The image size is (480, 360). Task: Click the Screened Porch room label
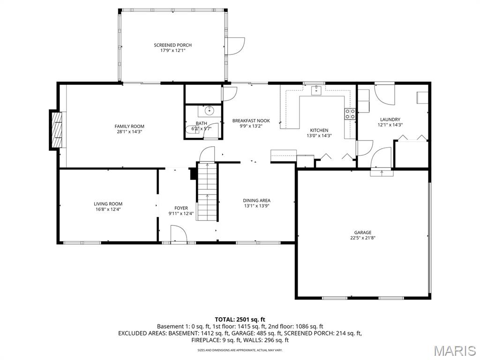[x=172, y=45]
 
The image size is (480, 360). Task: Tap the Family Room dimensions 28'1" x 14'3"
[x=129, y=132]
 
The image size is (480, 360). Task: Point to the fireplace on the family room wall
[x=56, y=130]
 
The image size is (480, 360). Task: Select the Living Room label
[x=108, y=204]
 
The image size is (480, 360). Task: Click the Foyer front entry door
[x=178, y=234]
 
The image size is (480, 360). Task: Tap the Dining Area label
[x=256, y=201]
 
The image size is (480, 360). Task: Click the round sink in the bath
[x=209, y=111]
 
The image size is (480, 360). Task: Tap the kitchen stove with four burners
[x=350, y=113]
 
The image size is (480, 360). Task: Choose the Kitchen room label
[x=319, y=130]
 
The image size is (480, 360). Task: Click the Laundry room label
[x=390, y=120]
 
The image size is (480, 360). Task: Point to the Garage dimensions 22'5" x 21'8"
[x=362, y=238]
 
